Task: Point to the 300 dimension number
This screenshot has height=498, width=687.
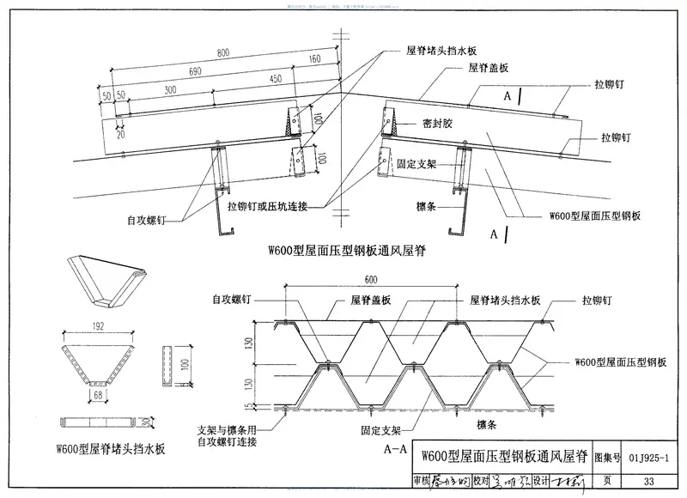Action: [170, 90]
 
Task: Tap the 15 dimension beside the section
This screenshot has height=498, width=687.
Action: [247, 406]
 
